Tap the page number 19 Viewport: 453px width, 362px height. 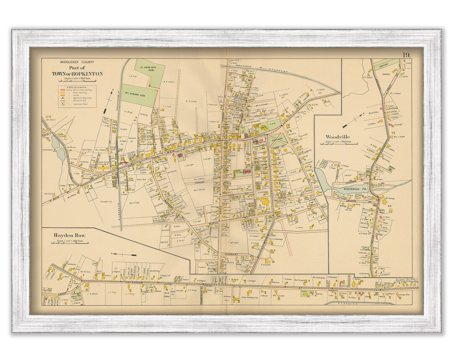click(x=406, y=55)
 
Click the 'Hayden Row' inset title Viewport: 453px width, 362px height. click(x=69, y=235)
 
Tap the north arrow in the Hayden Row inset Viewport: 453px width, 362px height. click(x=123, y=254)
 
